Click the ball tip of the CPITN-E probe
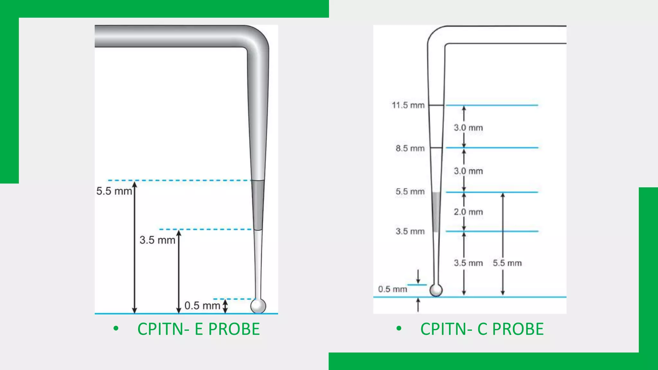[x=258, y=305]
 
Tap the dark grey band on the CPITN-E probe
[x=258, y=205]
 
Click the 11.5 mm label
[x=408, y=105]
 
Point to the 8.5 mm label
[x=410, y=148]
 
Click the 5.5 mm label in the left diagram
[x=114, y=191]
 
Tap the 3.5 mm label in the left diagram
[x=157, y=240]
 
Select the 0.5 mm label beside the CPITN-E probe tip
[x=202, y=305]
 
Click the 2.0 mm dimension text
[x=468, y=212]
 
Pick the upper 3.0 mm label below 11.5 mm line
[x=468, y=128]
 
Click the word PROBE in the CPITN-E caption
[x=234, y=329]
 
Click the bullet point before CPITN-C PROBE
[x=399, y=329]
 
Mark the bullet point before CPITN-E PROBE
[x=116, y=329]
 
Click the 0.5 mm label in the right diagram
[x=392, y=289]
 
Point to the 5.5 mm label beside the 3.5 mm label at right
[x=507, y=263]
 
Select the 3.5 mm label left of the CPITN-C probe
[x=410, y=231]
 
